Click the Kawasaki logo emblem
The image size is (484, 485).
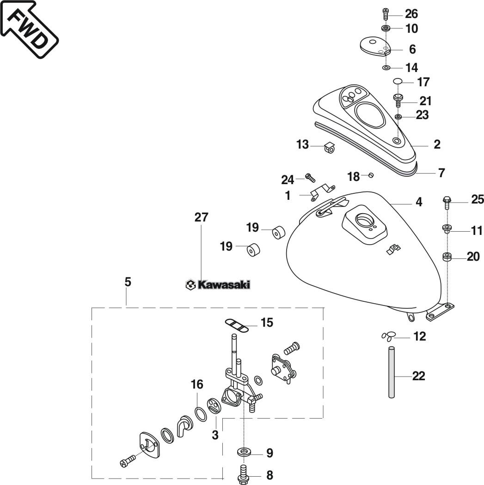click(x=218, y=285)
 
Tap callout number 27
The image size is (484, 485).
click(x=202, y=217)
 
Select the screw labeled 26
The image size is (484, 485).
click(x=385, y=14)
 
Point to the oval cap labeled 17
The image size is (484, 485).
click(x=398, y=81)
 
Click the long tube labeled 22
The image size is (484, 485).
click(x=392, y=372)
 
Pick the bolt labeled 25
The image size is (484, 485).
click(x=446, y=202)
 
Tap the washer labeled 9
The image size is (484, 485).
click(x=245, y=452)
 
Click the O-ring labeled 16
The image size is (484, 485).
click(x=201, y=414)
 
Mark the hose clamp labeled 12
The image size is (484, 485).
click(x=389, y=336)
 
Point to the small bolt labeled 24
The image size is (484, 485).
click(x=310, y=178)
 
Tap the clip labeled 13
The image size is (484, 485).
click(x=330, y=148)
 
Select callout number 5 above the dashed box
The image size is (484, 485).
click(x=128, y=282)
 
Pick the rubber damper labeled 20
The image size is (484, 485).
click(x=447, y=257)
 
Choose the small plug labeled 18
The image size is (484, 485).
click(x=371, y=175)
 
